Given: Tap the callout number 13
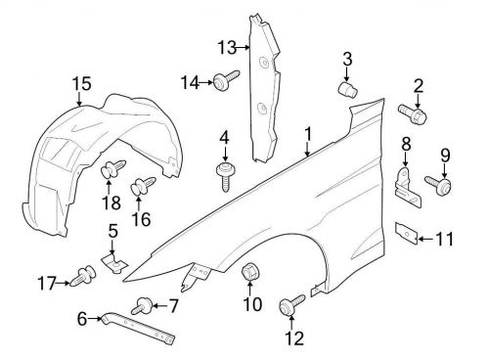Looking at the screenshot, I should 227,46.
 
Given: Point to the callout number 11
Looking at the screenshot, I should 445,237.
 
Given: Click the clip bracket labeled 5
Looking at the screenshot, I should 113,262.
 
